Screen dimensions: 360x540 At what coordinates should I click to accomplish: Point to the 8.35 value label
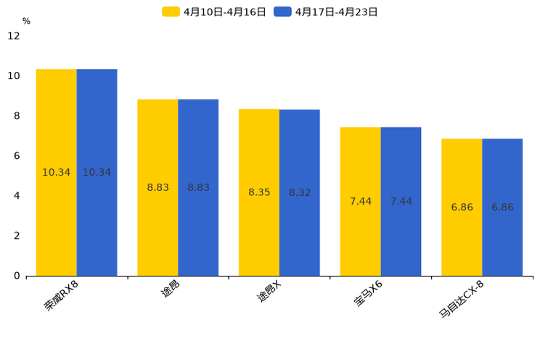click(x=259, y=192)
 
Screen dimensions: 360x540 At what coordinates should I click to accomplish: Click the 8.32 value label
click(x=300, y=192)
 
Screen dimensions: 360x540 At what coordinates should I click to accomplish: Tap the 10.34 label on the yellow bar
click(x=57, y=173)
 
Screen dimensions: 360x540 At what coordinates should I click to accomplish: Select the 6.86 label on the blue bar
click(x=502, y=207)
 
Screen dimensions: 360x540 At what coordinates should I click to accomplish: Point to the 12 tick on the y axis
click(x=14, y=36)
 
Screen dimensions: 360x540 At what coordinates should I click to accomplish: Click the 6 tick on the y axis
click(x=17, y=156)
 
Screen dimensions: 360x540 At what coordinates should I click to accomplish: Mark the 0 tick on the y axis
click(x=17, y=276)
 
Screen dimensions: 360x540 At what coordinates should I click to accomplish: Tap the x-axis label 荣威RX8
click(x=62, y=297)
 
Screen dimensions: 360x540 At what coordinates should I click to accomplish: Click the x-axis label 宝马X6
click(x=369, y=294)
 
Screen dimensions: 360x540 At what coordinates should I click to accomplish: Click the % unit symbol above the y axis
click(x=26, y=21)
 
